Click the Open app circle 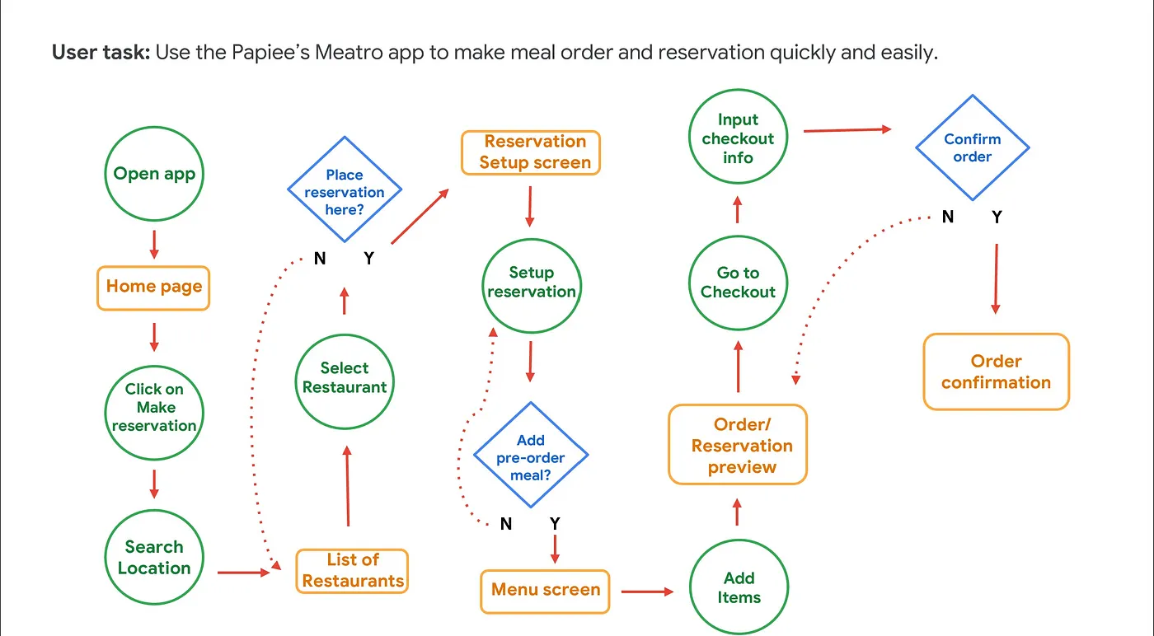[154, 174]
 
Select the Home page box [153, 287]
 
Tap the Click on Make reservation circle [154, 408]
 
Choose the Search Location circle [154, 558]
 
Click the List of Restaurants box [352, 570]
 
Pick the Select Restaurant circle [345, 378]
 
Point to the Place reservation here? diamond [345, 191]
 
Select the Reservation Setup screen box [531, 152]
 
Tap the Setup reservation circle [531, 283]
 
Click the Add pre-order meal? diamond [531, 455]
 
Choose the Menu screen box [545, 591]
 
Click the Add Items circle [739, 588]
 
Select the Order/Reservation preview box [738, 446]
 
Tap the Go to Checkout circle [738, 283]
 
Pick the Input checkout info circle [738, 138]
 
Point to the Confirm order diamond [973, 148]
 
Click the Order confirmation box [996, 372]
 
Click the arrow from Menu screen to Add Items [648, 591]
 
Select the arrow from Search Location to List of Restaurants [244, 572]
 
